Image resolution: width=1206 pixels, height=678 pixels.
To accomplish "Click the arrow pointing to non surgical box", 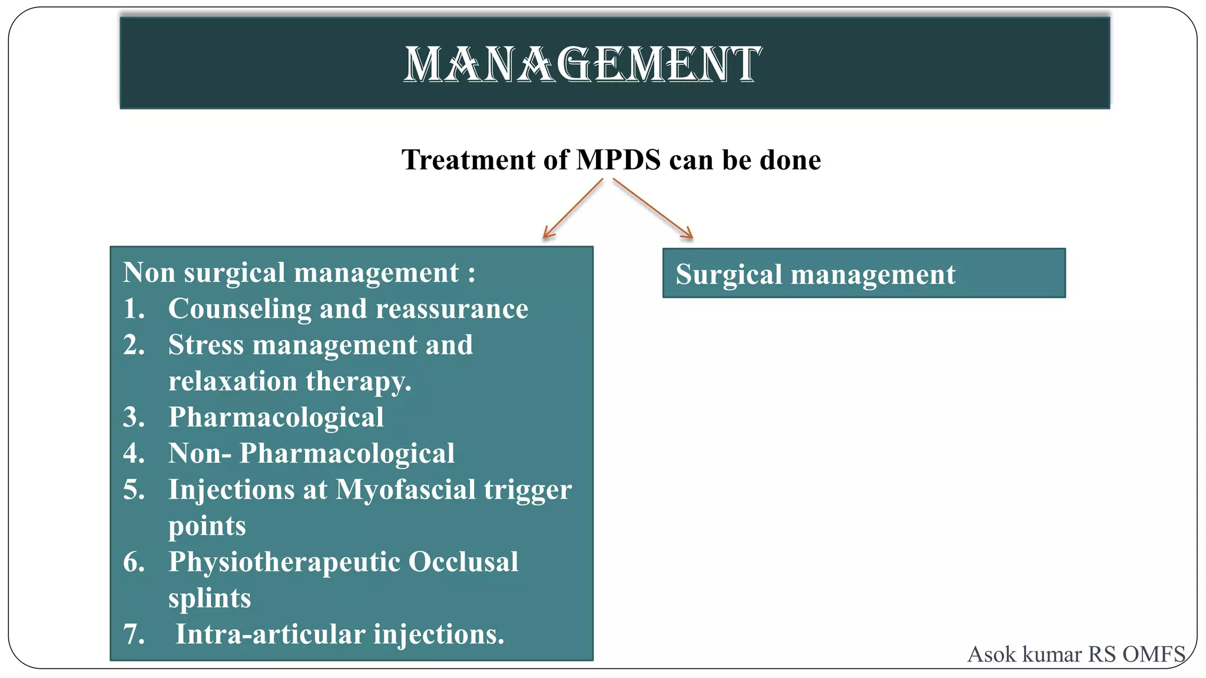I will coord(572,209).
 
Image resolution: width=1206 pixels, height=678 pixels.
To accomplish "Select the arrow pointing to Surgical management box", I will coord(653,209).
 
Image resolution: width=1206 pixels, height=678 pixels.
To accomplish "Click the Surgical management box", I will coord(863,274).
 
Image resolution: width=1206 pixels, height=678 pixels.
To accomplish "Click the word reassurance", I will coord(452,310).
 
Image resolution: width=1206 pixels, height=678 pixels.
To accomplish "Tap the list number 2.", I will coord(134,345).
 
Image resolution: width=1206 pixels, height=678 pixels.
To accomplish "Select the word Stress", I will coord(206,345).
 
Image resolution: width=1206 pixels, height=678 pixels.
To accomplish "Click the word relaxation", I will coord(232,381).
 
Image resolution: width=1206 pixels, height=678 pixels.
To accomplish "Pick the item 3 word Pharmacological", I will coord(276,418).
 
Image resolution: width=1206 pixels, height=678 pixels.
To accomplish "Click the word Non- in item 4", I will coord(199,454).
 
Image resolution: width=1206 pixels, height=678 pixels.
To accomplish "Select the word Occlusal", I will coord(463,562).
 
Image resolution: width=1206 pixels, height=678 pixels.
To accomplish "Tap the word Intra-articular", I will coord(270,634).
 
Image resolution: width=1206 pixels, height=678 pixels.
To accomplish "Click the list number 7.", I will coord(134,635).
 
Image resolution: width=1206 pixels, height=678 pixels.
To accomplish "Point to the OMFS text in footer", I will coord(1154,654).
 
